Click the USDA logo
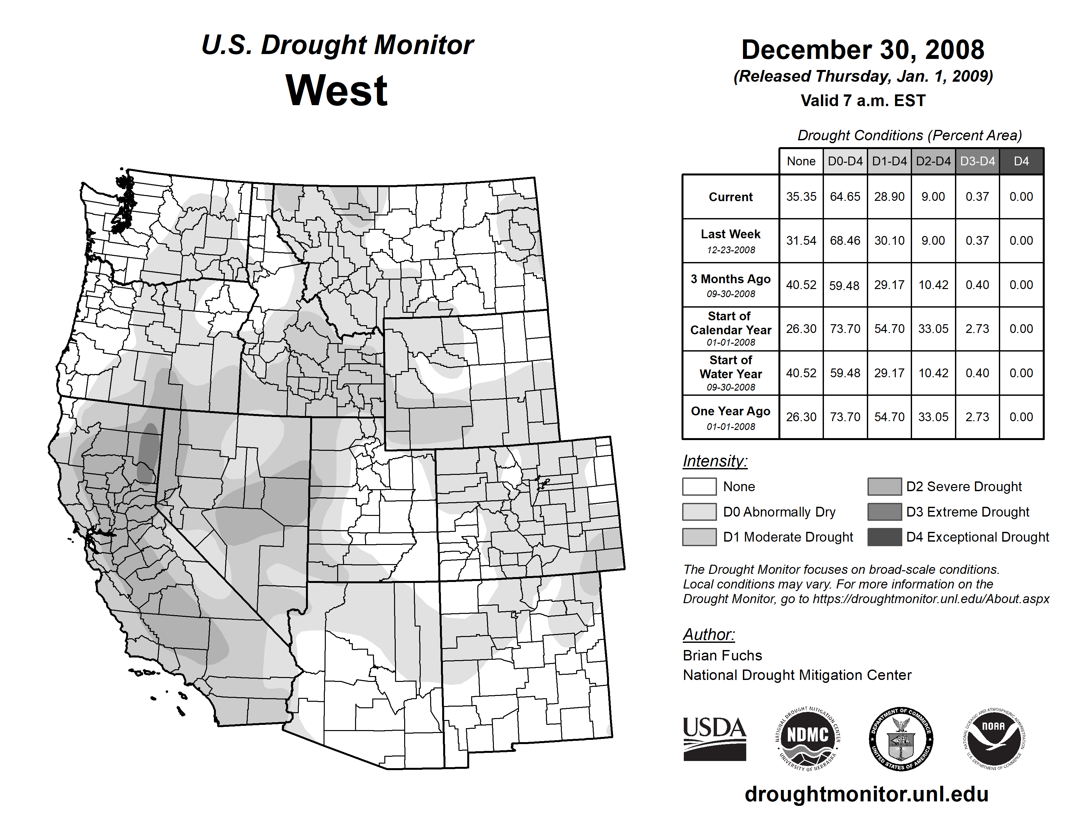coord(714,739)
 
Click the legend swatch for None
coord(699,486)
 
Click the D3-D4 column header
coord(977,161)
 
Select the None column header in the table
coord(801,161)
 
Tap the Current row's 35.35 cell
coord(801,197)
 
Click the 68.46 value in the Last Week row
coord(845,241)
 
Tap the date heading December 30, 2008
coord(863,50)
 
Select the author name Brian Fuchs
coord(722,656)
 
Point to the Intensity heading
coord(715,461)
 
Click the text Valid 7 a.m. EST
coord(863,101)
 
